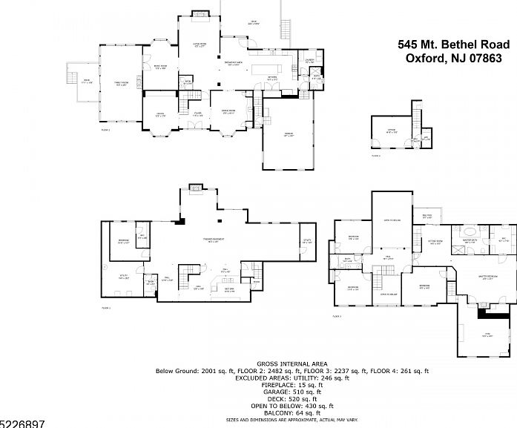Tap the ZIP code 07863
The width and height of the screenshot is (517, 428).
click(492, 59)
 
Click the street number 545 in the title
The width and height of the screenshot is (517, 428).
click(409, 45)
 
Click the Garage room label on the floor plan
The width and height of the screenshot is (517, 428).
click(289, 134)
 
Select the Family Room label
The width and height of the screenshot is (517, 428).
click(122, 83)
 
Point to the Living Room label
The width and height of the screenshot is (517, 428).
click(200, 45)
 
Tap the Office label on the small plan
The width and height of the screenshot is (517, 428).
click(391, 131)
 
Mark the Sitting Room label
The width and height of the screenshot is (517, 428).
click(435, 242)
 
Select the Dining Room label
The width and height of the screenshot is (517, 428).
click(229, 111)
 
